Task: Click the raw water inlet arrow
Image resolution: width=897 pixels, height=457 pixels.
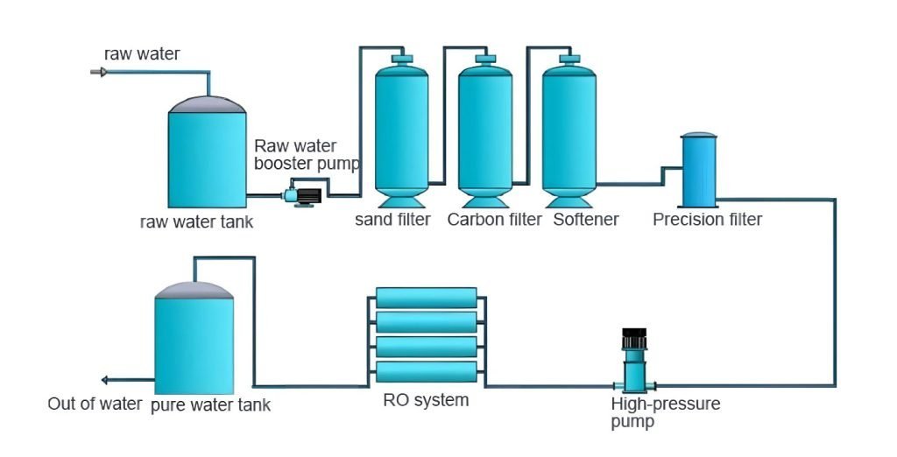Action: coord(99,72)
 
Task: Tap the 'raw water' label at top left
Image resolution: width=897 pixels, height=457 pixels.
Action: coord(142,54)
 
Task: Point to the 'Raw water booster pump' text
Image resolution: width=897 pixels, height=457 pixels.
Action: coord(306,155)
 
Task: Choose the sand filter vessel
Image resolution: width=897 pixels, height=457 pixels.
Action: coord(402,127)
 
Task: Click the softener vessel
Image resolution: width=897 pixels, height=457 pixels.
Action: coord(569,127)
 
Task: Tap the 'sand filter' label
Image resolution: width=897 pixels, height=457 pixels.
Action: coord(392,219)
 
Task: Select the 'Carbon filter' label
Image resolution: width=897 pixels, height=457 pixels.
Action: coord(494,219)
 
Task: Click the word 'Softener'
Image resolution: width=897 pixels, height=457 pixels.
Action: coord(585,219)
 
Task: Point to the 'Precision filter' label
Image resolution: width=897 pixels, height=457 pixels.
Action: coord(707,219)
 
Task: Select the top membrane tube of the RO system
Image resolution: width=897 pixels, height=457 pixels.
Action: coord(427,298)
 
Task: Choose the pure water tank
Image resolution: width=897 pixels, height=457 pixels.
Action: coord(194,341)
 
